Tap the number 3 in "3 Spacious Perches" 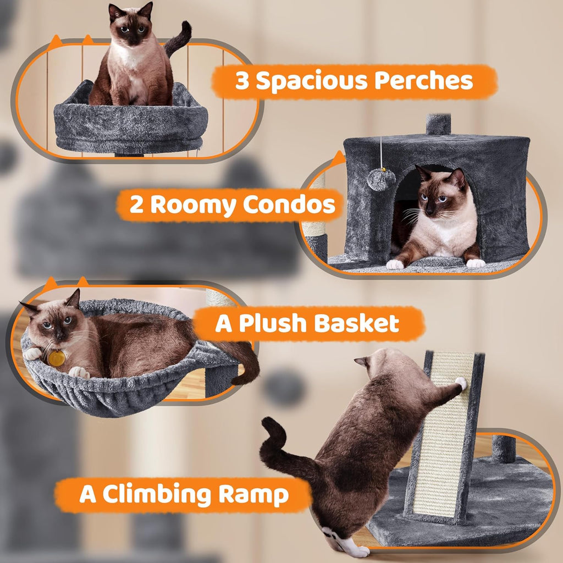[242, 81]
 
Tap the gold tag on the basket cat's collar [56, 358]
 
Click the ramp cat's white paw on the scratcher [461, 383]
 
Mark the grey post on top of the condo [438, 124]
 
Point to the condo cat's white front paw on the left [394, 264]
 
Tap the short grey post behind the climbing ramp [503, 448]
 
